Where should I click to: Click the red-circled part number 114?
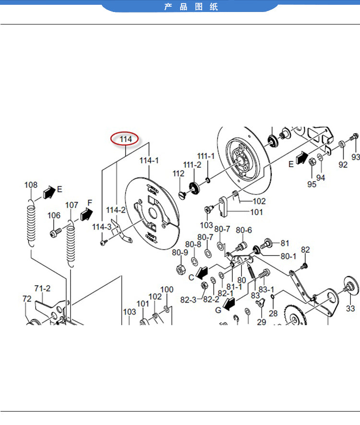[125, 139]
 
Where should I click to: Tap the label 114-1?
[149, 160]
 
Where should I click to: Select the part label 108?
[31, 185]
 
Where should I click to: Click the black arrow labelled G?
[228, 304]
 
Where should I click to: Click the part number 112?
[179, 173]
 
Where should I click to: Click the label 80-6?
[244, 230]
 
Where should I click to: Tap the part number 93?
[356, 157]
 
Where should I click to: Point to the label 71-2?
[42, 289]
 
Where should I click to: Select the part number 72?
[27, 299]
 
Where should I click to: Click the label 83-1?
[266, 290]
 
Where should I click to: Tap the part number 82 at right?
[305, 250]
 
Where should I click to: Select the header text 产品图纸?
[191, 7]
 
